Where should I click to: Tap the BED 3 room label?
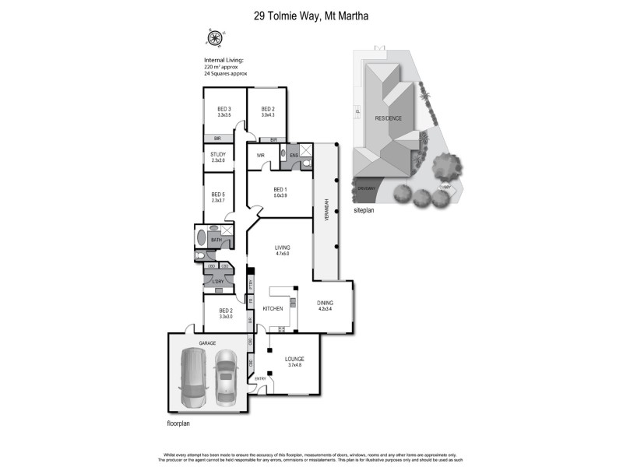point(225,109)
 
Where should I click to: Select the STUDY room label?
point(218,154)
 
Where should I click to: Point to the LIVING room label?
point(281,248)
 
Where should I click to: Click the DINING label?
point(326,304)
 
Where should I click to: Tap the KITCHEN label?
point(272,309)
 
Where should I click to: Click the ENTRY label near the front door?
point(260,379)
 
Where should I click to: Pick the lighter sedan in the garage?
point(226,377)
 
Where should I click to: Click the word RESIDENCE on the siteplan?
point(389,118)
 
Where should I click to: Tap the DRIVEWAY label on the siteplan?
point(367,188)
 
